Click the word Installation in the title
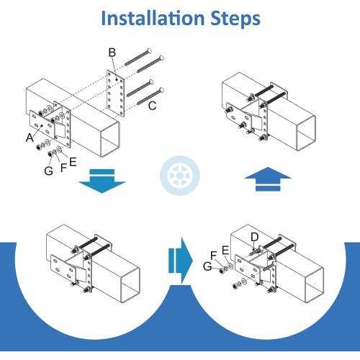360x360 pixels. pyautogui.click(x=153, y=18)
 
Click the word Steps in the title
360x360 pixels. pyautogui.click(x=235, y=19)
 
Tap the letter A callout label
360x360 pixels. pyautogui.click(x=30, y=138)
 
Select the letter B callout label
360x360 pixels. pyautogui.click(x=112, y=53)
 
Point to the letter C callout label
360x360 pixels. pyautogui.click(x=153, y=106)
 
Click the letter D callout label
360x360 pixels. pyautogui.click(x=254, y=237)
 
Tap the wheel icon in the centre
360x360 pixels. pyautogui.click(x=180, y=176)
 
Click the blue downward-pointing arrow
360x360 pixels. pyautogui.click(x=102, y=181)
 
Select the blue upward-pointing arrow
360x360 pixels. pyautogui.click(x=268, y=179)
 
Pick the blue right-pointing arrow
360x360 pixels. pyautogui.click(x=181, y=261)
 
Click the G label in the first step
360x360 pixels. pyautogui.click(x=49, y=171)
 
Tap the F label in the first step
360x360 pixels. pyautogui.click(x=63, y=168)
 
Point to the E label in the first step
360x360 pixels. pyautogui.click(x=73, y=162)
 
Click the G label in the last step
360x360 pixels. pyautogui.click(x=207, y=266)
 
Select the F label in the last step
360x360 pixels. pyautogui.click(x=214, y=256)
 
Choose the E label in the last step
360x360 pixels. pyautogui.click(x=225, y=251)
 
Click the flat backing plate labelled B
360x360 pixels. pyautogui.click(x=116, y=94)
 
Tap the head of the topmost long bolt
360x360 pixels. pyautogui.click(x=149, y=50)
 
